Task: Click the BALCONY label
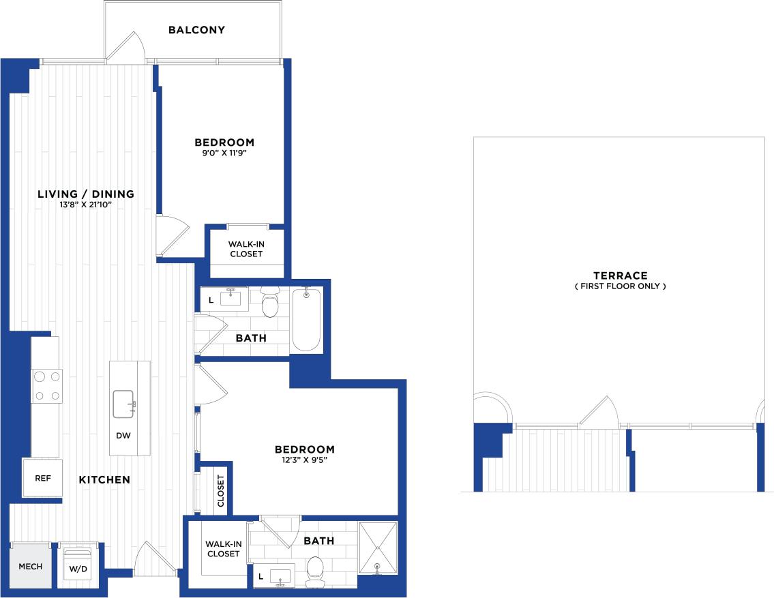click(x=196, y=30)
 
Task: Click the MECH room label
click(x=30, y=567)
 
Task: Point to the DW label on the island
click(x=123, y=435)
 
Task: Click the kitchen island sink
click(x=124, y=404)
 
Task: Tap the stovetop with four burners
click(x=47, y=385)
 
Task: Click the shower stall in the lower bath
click(x=378, y=548)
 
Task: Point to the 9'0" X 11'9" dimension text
click(x=224, y=154)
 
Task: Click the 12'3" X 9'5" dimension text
click(x=304, y=460)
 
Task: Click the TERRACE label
click(x=620, y=275)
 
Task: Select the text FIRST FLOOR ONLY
click(x=620, y=286)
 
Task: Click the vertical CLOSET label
click(x=221, y=490)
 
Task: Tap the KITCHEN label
click(x=104, y=480)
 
